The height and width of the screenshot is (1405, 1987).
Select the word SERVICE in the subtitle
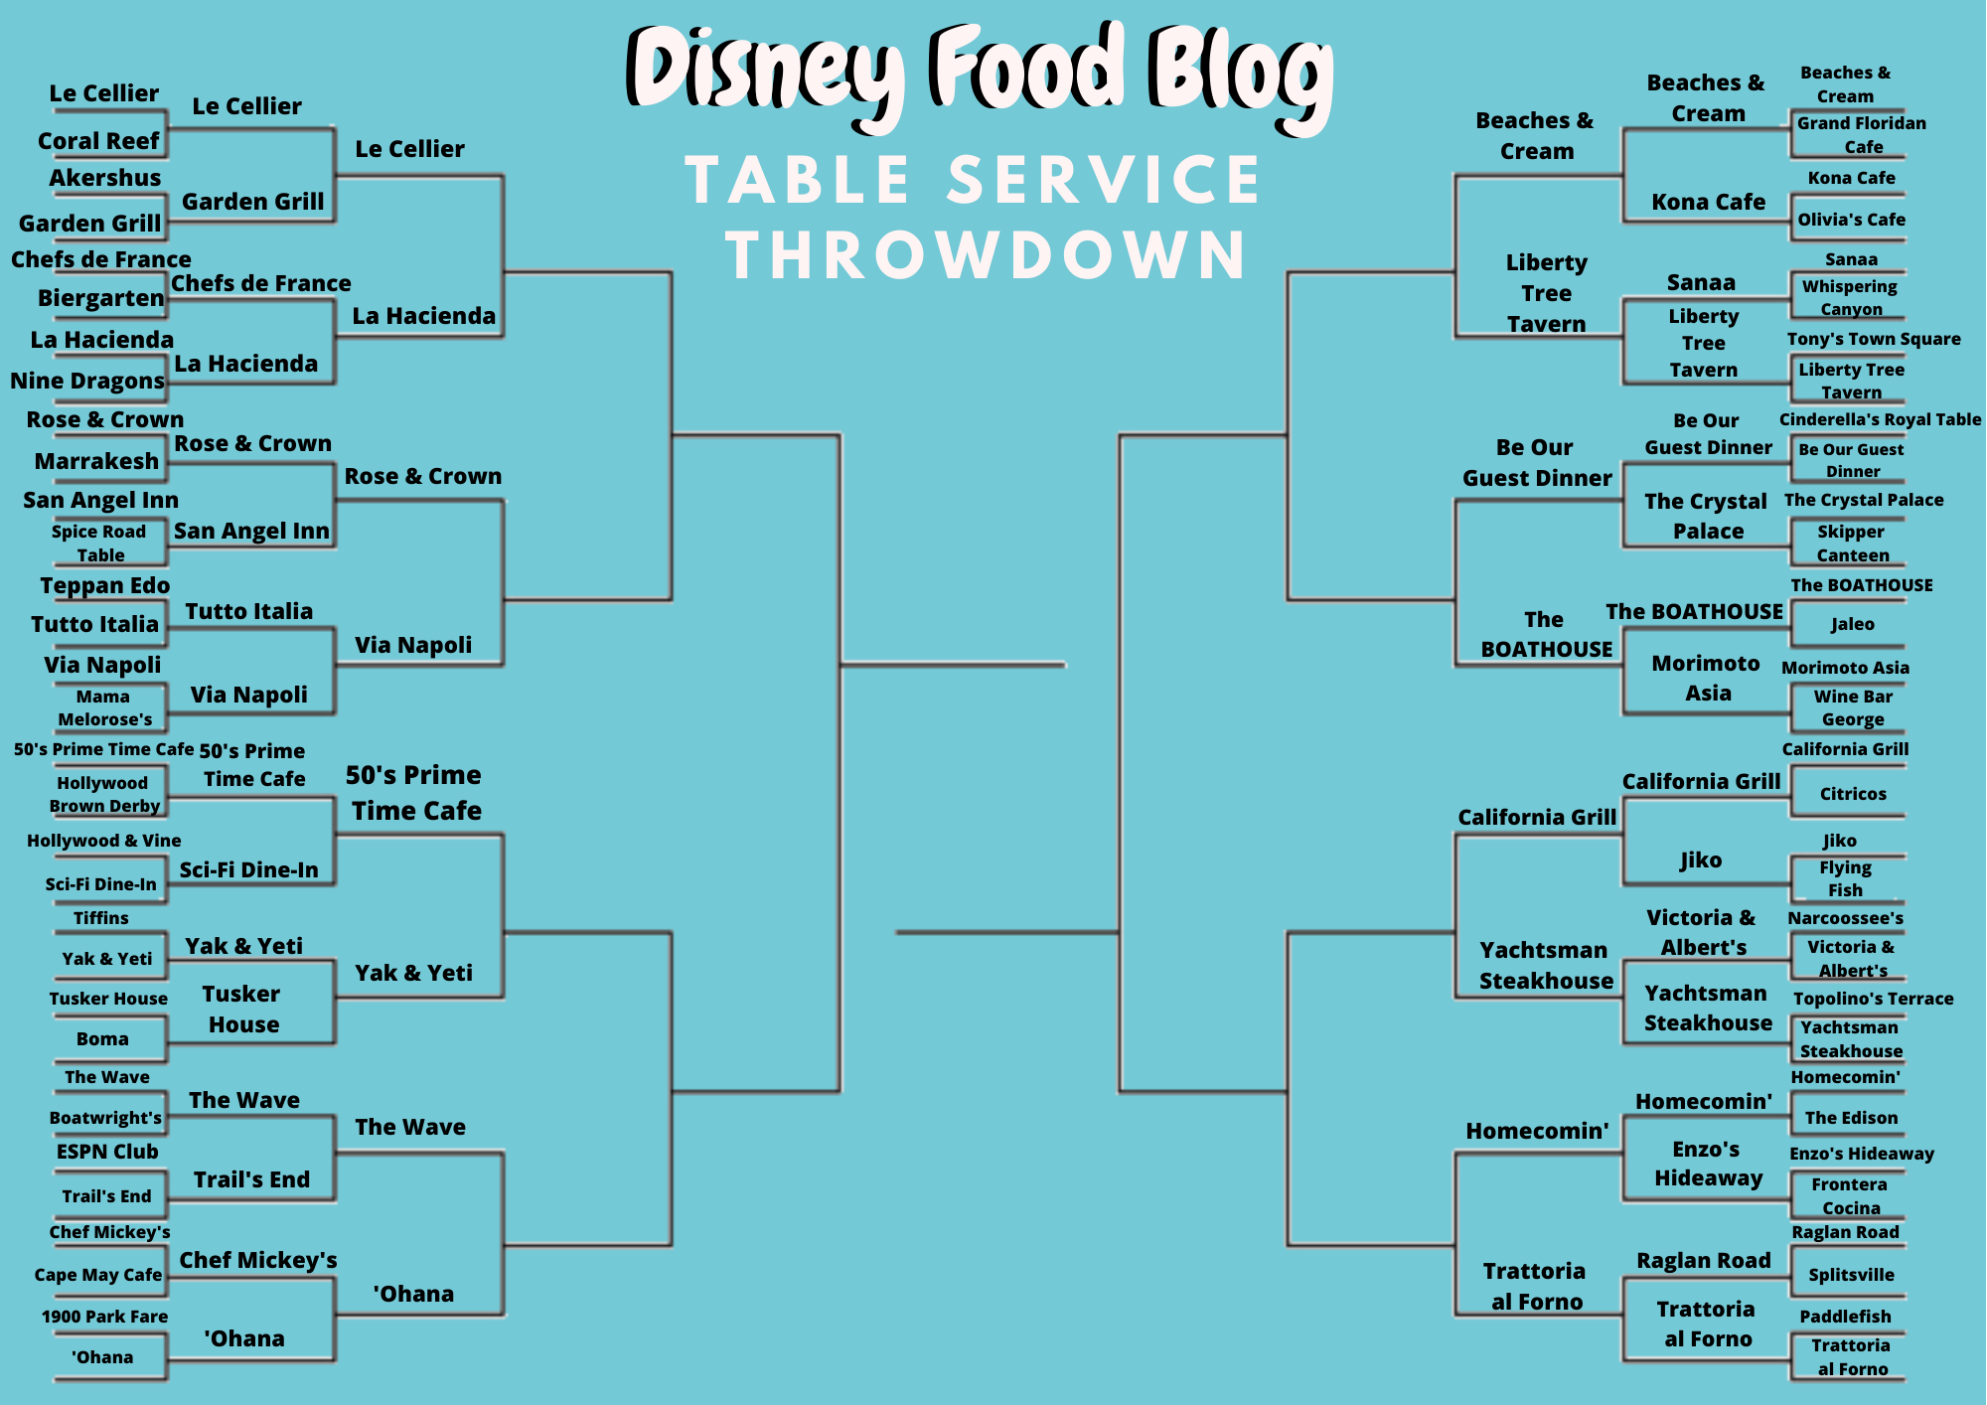click(1104, 180)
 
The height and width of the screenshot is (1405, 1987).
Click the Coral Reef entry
click(98, 141)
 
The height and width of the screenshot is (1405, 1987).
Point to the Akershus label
click(105, 178)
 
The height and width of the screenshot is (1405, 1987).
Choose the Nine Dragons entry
click(87, 381)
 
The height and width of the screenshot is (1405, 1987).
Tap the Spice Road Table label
click(99, 544)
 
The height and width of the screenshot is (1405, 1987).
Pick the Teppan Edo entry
click(105, 585)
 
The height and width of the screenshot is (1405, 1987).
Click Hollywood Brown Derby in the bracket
click(104, 795)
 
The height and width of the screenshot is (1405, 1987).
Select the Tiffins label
click(101, 918)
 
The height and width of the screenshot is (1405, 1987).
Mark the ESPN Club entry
click(107, 1152)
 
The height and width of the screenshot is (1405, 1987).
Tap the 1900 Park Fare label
click(104, 1317)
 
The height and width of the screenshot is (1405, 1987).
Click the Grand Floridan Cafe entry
click(1862, 135)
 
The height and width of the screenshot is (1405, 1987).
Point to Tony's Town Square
click(1874, 339)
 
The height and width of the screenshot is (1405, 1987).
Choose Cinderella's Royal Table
click(1880, 419)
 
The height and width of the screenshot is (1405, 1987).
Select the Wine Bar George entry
click(1853, 707)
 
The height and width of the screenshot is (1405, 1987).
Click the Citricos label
click(1853, 794)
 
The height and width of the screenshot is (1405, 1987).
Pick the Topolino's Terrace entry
click(1873, 999)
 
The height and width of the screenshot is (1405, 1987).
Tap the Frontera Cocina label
click(1850, 1196)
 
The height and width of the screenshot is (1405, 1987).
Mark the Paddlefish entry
click(1845, 1317)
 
